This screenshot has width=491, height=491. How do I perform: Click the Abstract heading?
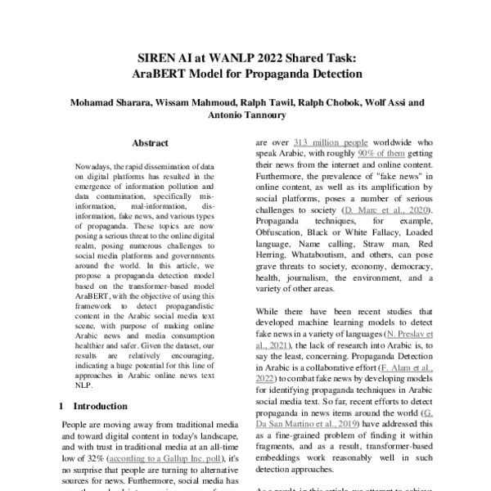coord(150,142)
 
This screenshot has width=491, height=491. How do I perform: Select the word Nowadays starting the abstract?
coord(94,164)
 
